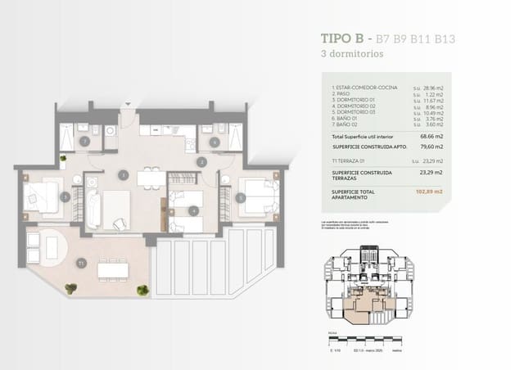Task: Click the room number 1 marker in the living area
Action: (x=122, y=174)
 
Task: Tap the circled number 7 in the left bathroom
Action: (x=84, y=142)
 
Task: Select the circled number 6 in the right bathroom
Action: (x=214, y=142)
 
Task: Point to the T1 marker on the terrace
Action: (x=80, y=263)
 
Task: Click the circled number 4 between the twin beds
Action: (x=192, y=210)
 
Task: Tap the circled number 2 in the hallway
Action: (x=201, y=162)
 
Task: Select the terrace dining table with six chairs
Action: (x=111, y=268)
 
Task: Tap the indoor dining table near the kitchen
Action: (x=148, y=178)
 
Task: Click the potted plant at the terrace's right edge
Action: (x=142, y=289)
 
